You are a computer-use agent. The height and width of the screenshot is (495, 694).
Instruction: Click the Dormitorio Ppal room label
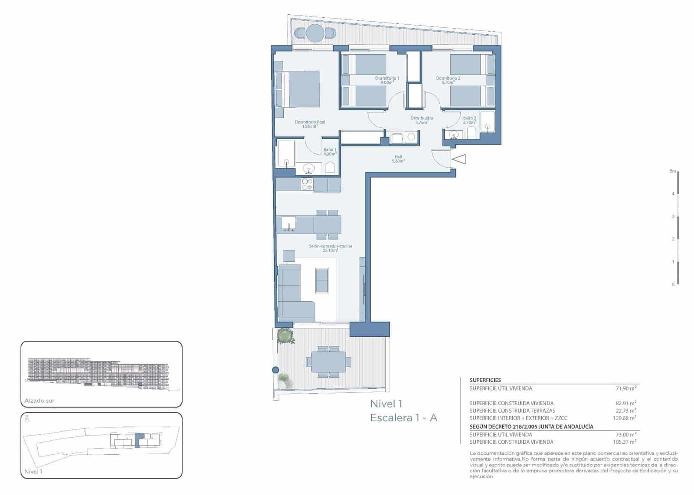pyautogui.click(x=310, y=124)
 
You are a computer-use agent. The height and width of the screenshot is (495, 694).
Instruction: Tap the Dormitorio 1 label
pyautogui.click(x=387, y=80)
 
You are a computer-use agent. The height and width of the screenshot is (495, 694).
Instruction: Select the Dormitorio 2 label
pyautogui.click(x=448, y=80)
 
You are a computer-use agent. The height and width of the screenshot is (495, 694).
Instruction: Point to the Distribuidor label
pyautogui.click(x=422, y=120)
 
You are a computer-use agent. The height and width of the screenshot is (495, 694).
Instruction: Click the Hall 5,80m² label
pyautogui.click(x=398, y=159)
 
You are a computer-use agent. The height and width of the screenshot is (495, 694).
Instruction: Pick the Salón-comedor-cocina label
pyautogui.click(x=330, y=248)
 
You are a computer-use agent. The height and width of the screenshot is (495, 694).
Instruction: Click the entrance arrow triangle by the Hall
pyautogui.click(x=459, y=160)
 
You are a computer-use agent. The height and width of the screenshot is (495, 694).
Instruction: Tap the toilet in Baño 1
pyautogui.click(x=330, y=168)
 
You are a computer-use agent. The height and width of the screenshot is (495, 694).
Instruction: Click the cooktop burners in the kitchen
pyautogui.click(x=307, y=184)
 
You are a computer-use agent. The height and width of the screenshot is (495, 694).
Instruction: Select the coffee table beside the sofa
pyautogui.click(x=322, y=280)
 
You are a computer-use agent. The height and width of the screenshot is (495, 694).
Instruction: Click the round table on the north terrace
pyautogui.click(x=315, y=33)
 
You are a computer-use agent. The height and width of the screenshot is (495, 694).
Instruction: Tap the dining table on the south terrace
pyautogui.click(x=328, y=361)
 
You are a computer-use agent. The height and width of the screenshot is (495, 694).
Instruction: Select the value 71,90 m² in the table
pyautogui.click(x=626, y=388)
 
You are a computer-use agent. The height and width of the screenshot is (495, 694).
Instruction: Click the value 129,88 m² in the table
pyautogui.click(x=625, y=418)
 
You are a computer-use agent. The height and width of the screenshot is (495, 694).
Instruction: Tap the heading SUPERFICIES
pyautogui.click(x=485, y=380)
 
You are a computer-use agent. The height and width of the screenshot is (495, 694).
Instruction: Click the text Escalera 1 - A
pyautogui.click(x=403, y=418)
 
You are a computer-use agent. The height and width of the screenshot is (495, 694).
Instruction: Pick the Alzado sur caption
pyautogui.click(x=39, y=401)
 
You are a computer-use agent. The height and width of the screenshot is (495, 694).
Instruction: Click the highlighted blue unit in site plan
pyautogui.click(x=139, y=440)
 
